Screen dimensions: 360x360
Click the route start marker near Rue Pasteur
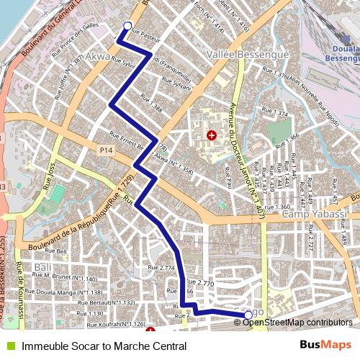127,27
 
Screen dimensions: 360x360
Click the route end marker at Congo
248,315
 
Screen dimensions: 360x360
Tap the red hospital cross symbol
212,135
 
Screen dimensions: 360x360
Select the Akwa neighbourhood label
99,55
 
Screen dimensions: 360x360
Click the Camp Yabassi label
315,215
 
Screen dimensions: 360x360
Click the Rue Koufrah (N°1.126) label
115,325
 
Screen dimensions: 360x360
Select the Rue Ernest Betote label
129,138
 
